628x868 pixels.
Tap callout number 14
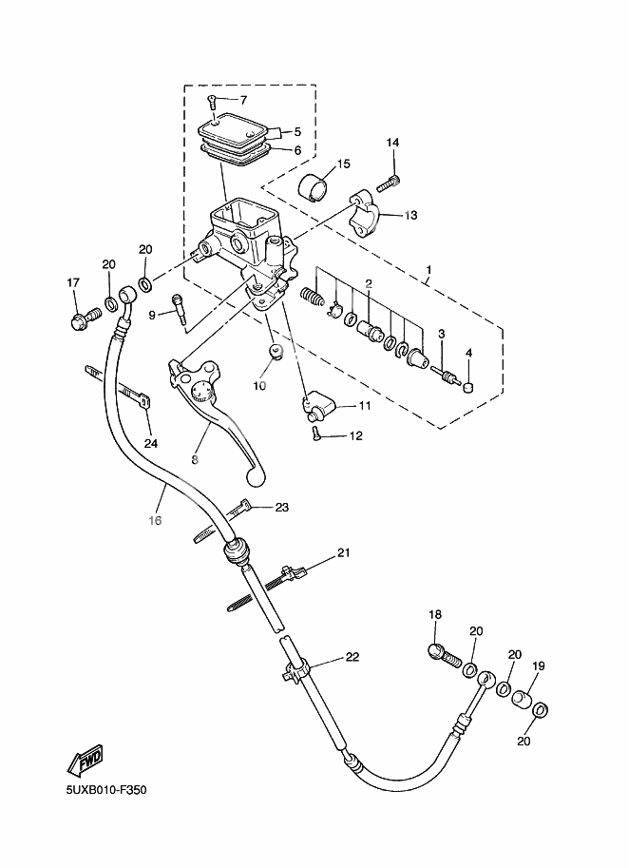392,143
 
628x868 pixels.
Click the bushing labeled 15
315,189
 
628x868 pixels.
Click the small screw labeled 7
213,100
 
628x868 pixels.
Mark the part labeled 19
522,703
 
